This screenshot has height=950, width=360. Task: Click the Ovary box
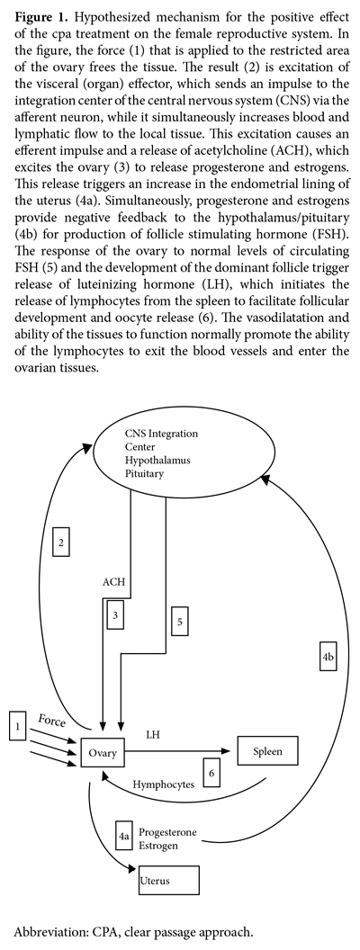point(103,752)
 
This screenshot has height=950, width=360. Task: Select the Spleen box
point(268,752)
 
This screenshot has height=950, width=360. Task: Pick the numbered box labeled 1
point(18,726)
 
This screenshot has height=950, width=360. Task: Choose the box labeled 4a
point(124,836)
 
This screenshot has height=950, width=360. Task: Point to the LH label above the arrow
point(153,734)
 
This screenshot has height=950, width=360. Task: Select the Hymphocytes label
point(164,784)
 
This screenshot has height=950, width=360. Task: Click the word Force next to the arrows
point(52,721)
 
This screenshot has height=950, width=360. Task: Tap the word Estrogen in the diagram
point(158,846)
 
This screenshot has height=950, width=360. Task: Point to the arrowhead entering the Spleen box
point(233,752)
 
